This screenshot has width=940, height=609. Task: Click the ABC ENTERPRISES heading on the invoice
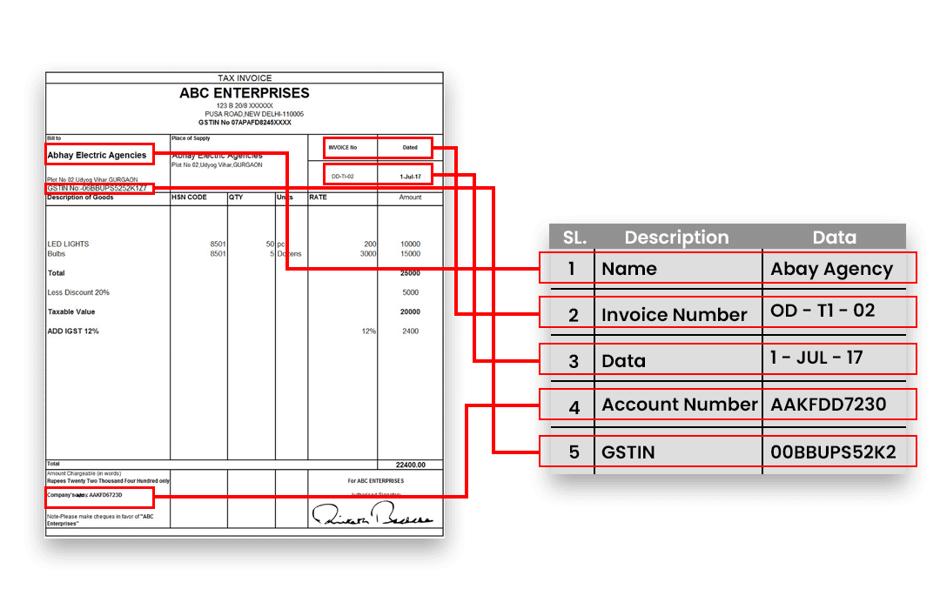pos(244,93)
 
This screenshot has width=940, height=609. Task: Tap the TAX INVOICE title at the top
pos(245,78)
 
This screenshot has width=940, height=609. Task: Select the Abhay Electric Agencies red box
pos(99,155)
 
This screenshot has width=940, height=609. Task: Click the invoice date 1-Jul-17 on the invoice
pos(410,177)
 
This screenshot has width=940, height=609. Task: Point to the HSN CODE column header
pos(190,197)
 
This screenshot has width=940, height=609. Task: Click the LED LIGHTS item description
pos(68,244)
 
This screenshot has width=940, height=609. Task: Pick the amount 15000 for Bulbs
pos(409,254)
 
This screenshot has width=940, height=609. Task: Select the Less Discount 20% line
pos(78,292)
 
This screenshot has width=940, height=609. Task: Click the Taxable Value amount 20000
pos(409,311)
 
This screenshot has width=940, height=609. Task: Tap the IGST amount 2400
pos(410,331)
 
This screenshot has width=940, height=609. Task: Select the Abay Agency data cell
pos(831,269)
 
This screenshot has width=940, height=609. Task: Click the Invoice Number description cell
pos(674,315)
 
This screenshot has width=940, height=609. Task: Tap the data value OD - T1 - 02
pos(822,311)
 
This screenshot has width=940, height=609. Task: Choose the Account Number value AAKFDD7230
pos(828,404)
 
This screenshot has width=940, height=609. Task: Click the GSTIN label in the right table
pos(628,452)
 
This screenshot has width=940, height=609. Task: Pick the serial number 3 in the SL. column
pos(573,360)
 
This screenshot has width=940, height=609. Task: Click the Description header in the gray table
pos(676,238)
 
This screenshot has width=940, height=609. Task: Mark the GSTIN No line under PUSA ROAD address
pos(245,123)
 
